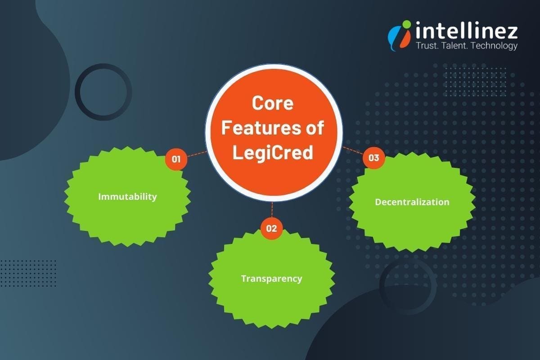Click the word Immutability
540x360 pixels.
127,197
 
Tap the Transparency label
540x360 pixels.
271,279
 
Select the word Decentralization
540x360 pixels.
412,202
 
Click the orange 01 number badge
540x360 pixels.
176,159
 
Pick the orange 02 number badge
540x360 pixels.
271,228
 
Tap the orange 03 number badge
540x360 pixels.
373,158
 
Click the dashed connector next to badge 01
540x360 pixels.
197,154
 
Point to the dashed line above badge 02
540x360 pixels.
272,210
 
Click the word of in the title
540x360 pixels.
314,128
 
